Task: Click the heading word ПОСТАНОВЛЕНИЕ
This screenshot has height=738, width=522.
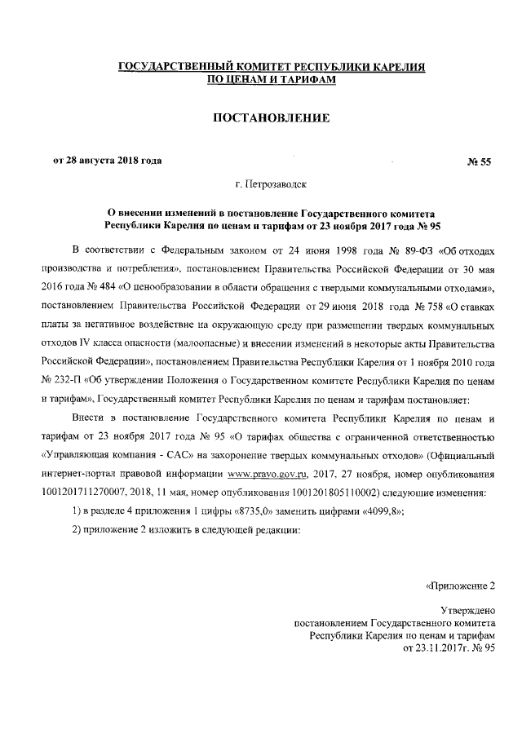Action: (270, 118)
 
